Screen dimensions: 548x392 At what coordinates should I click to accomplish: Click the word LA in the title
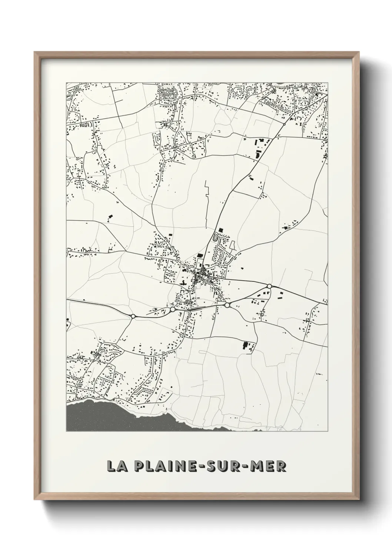(115, 466)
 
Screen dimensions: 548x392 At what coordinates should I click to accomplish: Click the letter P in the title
(139, 466)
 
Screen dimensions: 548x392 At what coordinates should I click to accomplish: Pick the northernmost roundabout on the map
(284, 124)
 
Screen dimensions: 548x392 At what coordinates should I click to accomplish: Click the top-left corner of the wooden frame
(35, 52)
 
